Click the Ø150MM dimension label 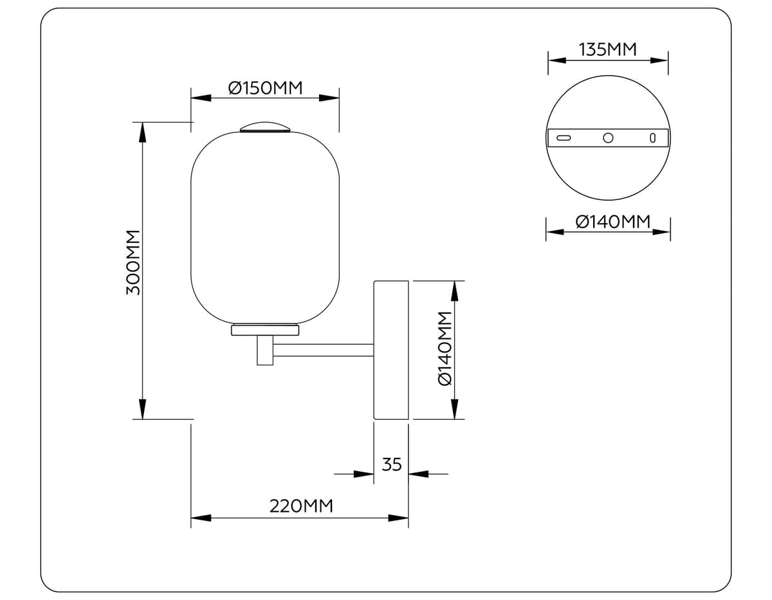(265, 87)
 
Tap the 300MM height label (133, 262)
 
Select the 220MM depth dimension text (301, 506)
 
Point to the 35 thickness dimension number (392, 464)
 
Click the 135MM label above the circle (608, 50)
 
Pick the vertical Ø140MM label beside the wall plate (445, 349)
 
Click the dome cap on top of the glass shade (265, 127)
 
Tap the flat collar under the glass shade (265, 330)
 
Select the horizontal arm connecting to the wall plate (324, 350)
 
